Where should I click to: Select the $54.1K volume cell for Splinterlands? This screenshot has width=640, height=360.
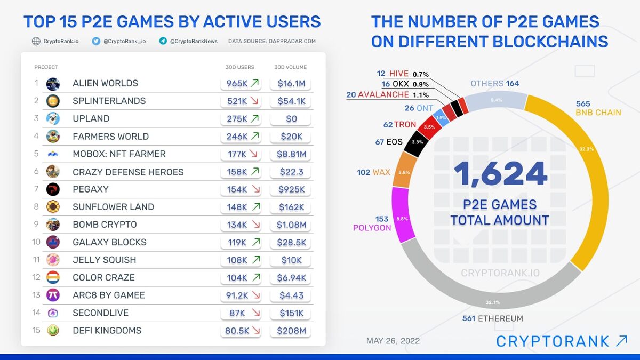point(291,101)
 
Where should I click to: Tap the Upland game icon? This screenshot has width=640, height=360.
point(53,118)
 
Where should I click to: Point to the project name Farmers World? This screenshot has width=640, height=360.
point(110,136)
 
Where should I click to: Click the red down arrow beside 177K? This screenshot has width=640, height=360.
point(255,154)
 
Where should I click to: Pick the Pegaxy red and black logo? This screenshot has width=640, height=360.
point(53,189)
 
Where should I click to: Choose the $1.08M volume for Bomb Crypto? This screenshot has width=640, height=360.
point(291,225)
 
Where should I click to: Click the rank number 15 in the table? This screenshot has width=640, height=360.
point(36,330)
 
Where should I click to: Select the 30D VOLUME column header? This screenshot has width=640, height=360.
point(291,67)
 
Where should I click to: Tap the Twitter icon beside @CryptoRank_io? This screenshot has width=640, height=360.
point(96,41)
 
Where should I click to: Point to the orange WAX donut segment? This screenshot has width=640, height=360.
point(404,170)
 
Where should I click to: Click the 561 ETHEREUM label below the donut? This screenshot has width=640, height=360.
point(493,318)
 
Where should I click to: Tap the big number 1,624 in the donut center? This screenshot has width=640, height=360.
point(500,174)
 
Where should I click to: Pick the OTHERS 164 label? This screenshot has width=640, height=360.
point(494,83)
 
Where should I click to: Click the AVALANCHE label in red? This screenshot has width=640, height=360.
point(383,94)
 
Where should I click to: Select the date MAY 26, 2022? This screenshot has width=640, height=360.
point(393,341)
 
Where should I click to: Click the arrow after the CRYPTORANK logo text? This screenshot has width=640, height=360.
point(621,341)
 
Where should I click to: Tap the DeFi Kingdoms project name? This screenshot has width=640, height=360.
point(107,330)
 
